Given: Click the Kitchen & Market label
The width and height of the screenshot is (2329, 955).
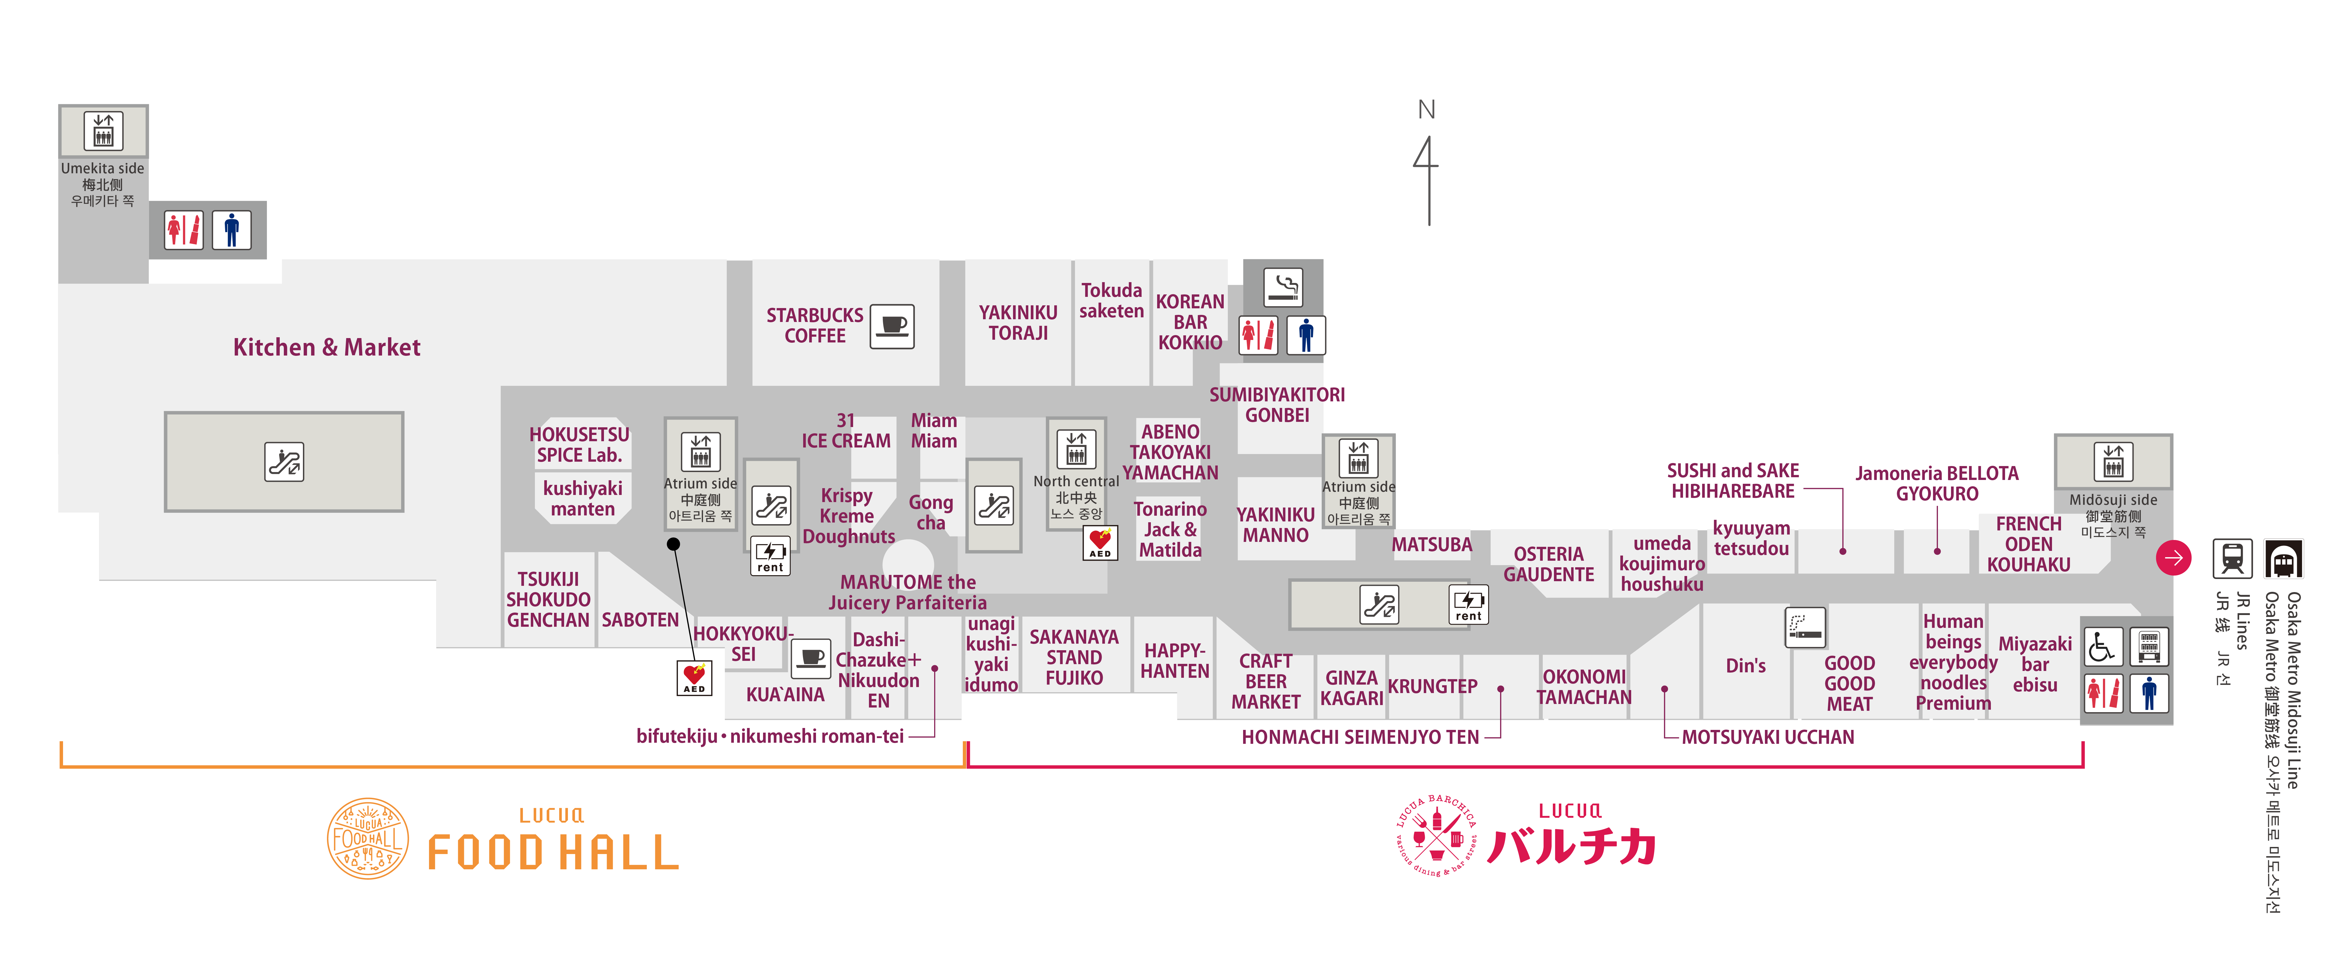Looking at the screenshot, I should click(326, 347).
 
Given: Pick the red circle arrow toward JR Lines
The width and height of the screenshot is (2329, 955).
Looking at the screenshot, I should click(2173, 557).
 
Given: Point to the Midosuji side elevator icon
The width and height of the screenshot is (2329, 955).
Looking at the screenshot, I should click(2113, 462).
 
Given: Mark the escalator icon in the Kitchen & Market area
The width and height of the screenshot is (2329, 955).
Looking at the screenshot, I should click(284, 462).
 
